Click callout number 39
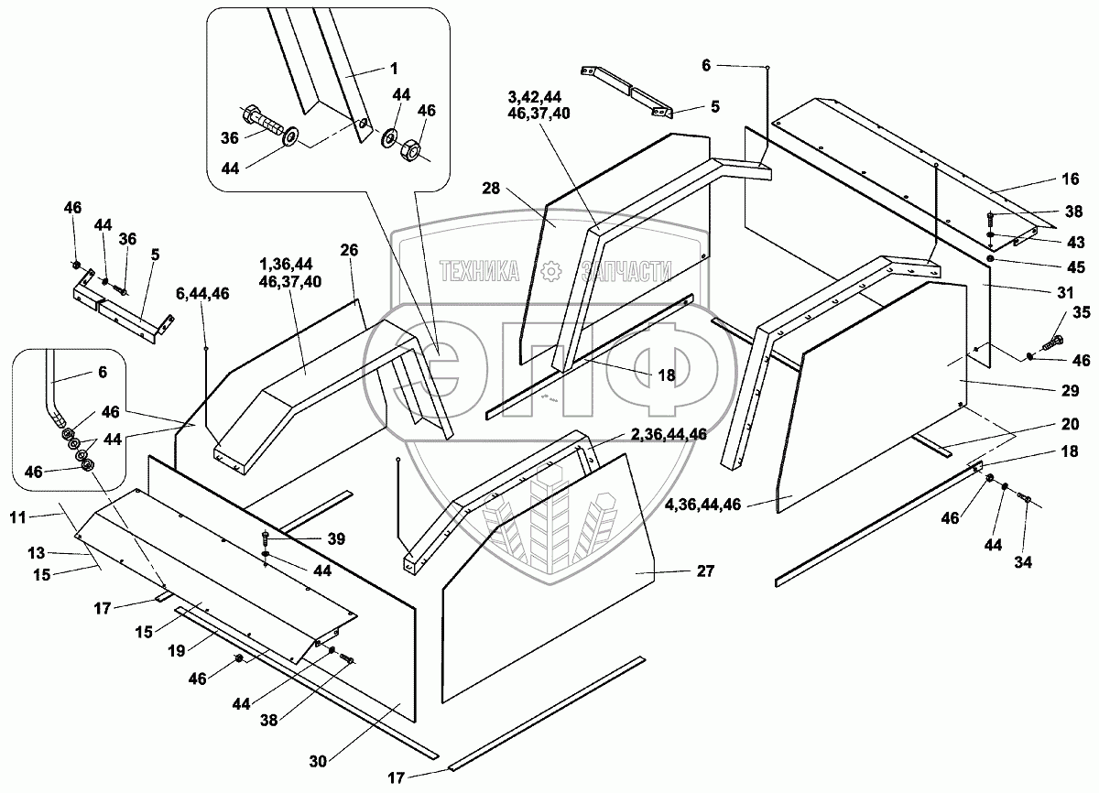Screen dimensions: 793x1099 [336, 539]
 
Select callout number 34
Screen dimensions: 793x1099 [1023, 562]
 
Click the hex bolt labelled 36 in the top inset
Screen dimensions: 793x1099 [265, 121]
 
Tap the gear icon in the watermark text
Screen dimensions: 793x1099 [550, 270]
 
